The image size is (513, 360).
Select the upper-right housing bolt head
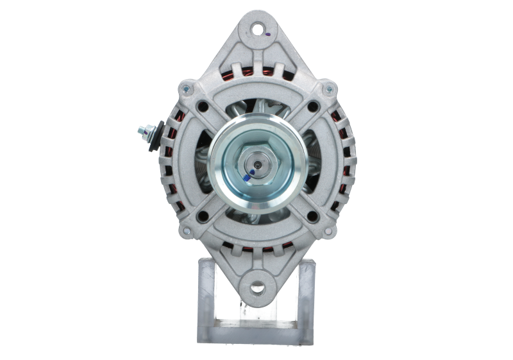pos(328,89)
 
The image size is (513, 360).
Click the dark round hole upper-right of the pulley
pos(313,107)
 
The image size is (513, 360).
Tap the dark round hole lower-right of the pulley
pos(313,216)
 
